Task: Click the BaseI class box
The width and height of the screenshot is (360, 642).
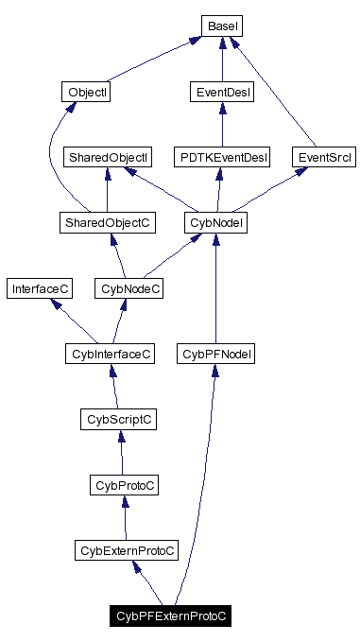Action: tap(221, 26)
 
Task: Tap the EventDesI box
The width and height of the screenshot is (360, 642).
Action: tap(221, 93)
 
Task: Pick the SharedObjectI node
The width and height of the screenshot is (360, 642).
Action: tap(107, 157)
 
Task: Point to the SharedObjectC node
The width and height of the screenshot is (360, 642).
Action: tap(107, 222)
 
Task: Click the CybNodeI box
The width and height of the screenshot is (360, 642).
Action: tap(216, 222)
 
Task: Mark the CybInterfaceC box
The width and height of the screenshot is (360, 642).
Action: tap(110, 354)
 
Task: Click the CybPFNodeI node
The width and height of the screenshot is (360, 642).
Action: tap(216, 354)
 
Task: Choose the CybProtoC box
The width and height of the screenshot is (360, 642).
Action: tap(123, 485)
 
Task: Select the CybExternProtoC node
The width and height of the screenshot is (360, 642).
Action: tap(128, 550)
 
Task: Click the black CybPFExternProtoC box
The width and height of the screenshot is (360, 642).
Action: tap(172, 616)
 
